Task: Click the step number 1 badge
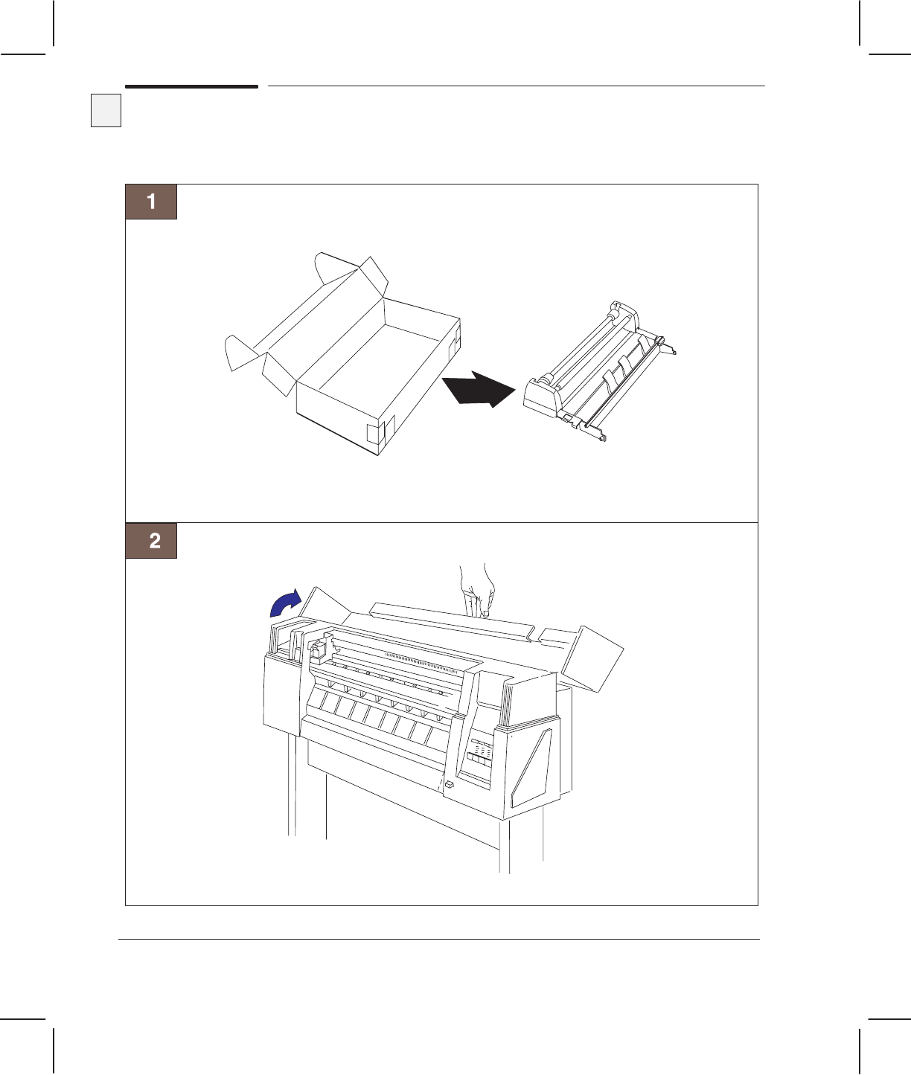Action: tap(151, 202)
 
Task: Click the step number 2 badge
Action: tap(151, 540)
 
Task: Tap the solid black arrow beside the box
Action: tap(478, 388)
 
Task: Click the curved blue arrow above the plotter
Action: tap(285, 603)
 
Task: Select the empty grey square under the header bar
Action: tap(106, 110)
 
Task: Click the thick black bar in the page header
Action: tap(191, 87)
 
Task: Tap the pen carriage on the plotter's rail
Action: tap(320, 650)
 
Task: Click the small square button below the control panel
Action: tap(450, 785)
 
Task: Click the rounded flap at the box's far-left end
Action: tap(238, 353)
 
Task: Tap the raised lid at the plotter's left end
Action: tap(326, 604)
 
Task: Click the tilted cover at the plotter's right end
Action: tap(592, 658)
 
